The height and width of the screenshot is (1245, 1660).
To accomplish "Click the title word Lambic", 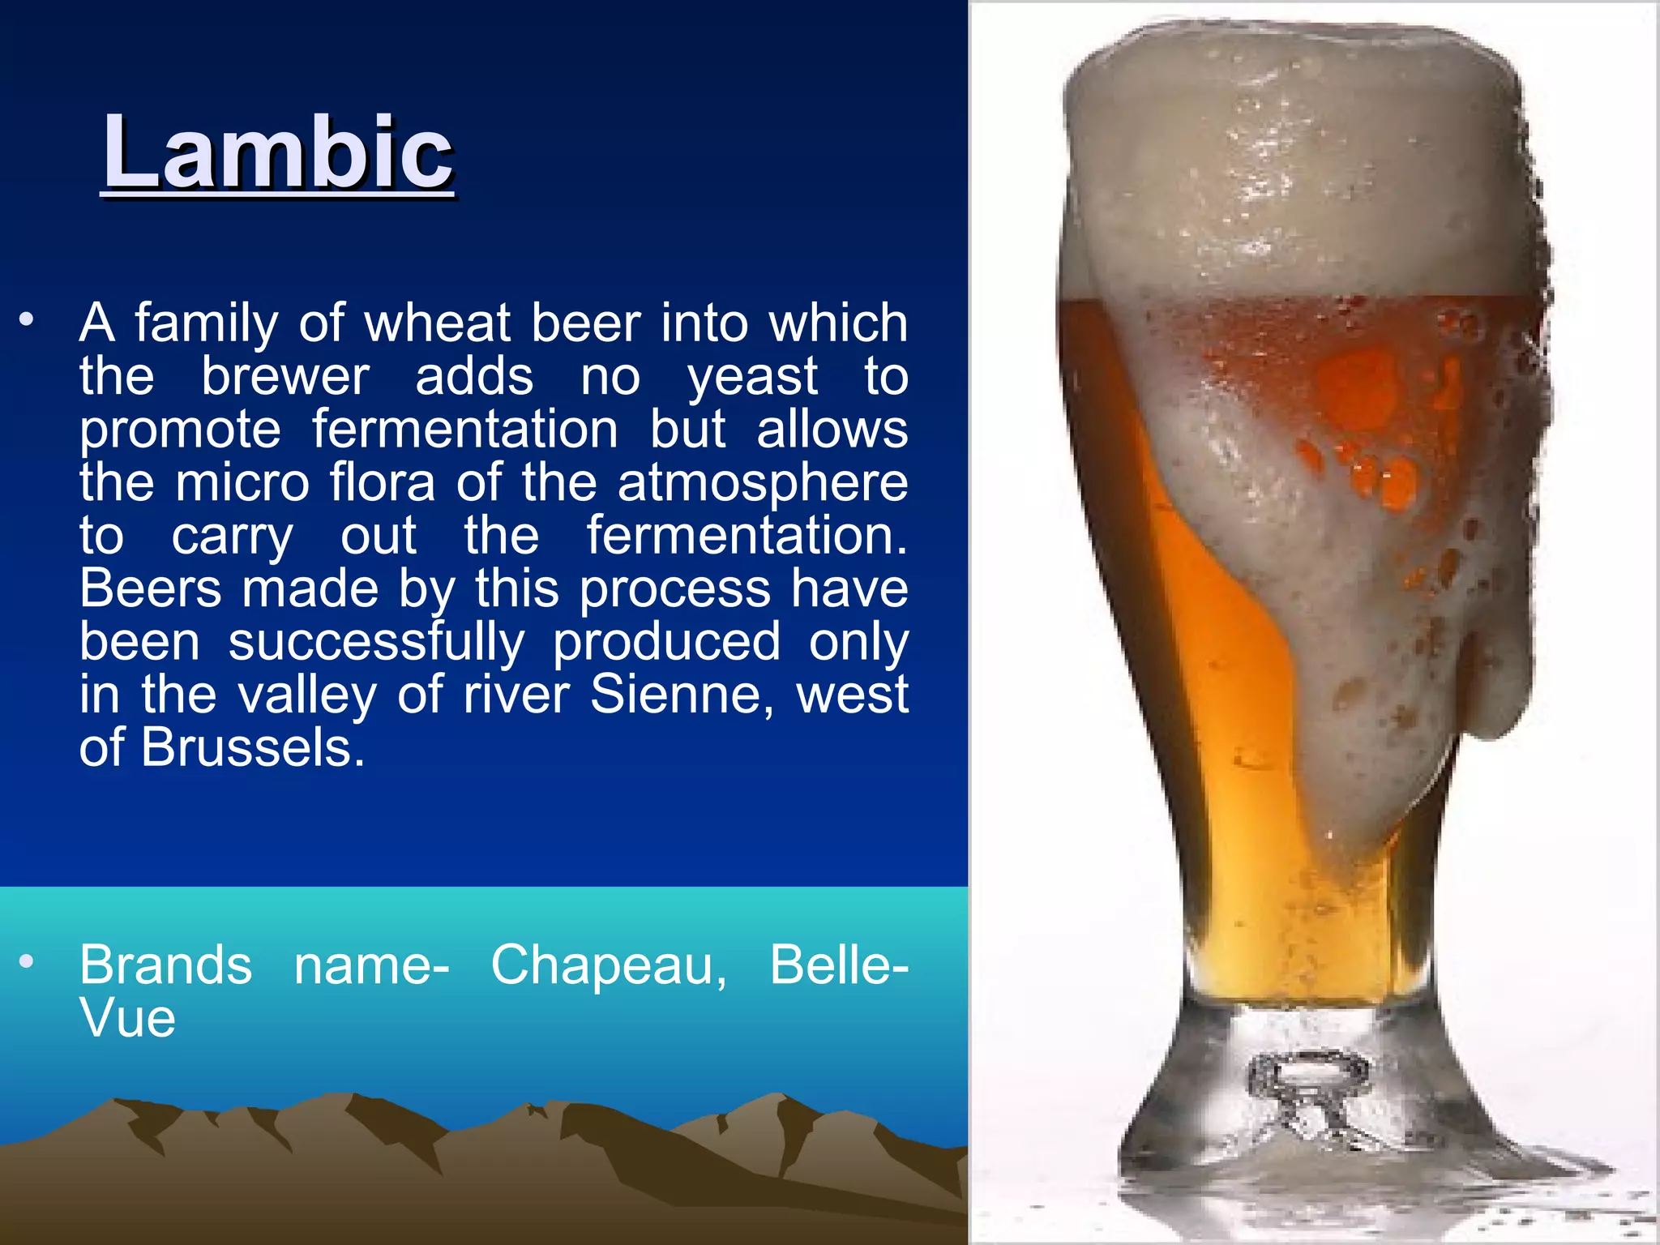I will point(277,152).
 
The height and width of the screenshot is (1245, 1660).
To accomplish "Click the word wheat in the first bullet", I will point(437,323).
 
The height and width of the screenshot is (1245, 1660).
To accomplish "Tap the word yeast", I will point(752,376).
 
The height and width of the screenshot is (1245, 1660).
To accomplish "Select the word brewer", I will point(285,376).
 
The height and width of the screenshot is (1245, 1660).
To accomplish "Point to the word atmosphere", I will point(762,482).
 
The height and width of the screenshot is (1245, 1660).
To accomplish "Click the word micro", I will point(242,482).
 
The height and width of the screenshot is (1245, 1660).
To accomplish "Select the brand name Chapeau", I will point(608,965).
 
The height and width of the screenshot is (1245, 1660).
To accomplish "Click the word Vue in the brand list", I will point(127,1018).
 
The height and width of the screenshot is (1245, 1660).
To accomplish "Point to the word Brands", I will point(165,965).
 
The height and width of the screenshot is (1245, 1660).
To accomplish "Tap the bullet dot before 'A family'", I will point(28,319).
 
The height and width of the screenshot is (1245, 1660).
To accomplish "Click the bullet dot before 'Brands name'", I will point(28,962).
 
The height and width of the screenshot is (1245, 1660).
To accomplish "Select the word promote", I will point(180,429).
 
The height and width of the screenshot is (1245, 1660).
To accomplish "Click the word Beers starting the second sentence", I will point(150,588).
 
